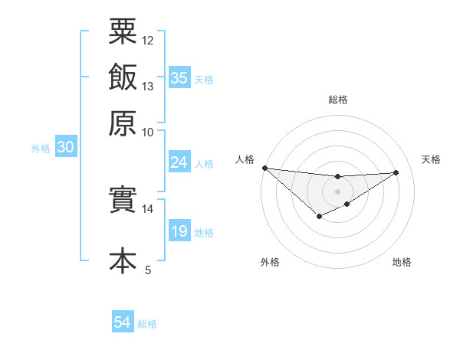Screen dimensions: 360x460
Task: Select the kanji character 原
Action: [x=123, y=123]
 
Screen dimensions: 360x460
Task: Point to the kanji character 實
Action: [x=123, y=201]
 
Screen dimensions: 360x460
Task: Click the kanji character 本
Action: [x=123, y=260]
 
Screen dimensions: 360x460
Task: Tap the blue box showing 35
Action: [x=179, y=78]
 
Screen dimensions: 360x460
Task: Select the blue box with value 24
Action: [x=179, y=162]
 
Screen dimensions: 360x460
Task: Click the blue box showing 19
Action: [x=179, y=231]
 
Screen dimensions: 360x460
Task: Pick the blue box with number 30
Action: [x=65, y=148]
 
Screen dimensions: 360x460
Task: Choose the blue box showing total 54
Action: [x=122, y=323]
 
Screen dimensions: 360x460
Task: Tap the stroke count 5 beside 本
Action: [x=148, y=270]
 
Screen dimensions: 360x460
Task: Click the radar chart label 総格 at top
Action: [x=338, y=100]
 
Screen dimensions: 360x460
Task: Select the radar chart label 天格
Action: [x=431, y=159]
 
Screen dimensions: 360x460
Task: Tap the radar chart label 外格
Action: [x=270, y=262]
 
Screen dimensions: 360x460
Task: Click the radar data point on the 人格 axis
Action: [x=264, y=168]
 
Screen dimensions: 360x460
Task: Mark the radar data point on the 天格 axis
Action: [x=396, y=172]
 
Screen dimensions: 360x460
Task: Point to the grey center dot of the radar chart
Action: [x=338, y=191]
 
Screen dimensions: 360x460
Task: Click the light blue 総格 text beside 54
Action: [x=147, y=324]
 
